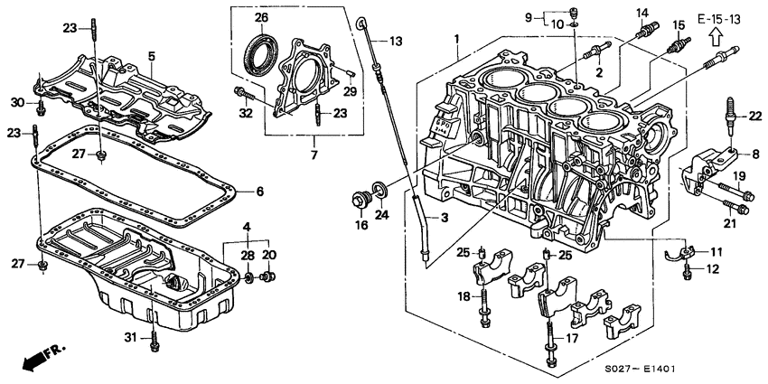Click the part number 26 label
(x=261, y=17)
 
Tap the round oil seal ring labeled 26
(x=262, y=52)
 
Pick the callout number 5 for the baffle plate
(x=153, y=56)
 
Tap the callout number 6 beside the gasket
(x=258, y=192)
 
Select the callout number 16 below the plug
(x=361, y=226)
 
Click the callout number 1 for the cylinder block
(x=457, y=39)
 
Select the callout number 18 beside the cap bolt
(x=463, y=295)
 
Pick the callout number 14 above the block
(x=642, y=13)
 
